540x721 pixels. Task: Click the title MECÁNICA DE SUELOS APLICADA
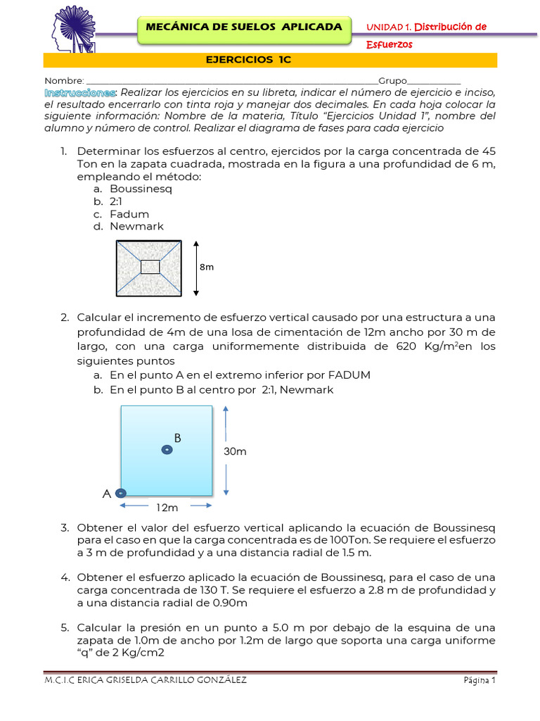(x=243, y=27)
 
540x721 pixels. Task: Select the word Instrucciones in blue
(x=80, y=93)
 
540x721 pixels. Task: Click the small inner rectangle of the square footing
(x=150, y=267)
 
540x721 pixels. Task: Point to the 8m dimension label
(x=207, y=268)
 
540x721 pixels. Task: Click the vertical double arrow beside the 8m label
(x=196, y=268)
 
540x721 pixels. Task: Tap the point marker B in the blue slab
(x=167, y=450)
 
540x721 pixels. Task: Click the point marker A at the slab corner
(x=121, y=494)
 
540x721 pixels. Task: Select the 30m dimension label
(x=235, y=451)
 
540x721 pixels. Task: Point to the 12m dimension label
(x=167, y=507)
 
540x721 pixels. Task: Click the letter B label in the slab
(x=178, y=438)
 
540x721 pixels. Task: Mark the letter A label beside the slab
(x=107, y=494)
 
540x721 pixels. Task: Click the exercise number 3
(x=64, y=527)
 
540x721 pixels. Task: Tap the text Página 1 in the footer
(x=480, y=681)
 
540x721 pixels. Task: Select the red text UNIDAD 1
(x=389, y=27)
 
